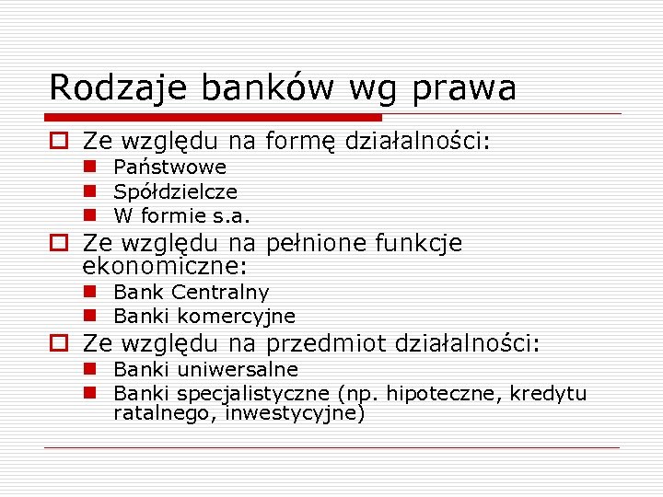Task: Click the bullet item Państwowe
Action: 169,168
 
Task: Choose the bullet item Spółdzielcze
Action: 175,192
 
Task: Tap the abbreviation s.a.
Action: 231,217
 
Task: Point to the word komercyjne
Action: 237,317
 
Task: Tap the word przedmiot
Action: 326,344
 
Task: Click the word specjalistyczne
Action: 254,394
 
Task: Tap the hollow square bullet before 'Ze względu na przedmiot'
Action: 59,344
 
